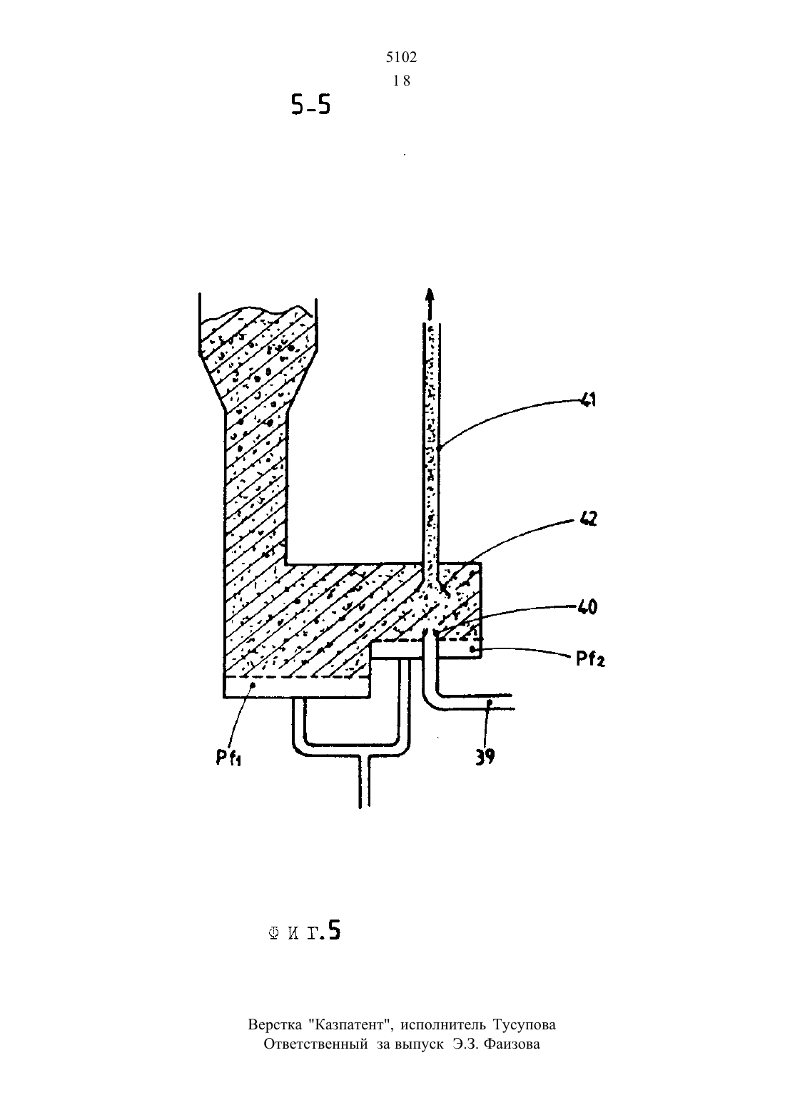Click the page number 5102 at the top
[401, 58]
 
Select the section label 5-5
[310, 105]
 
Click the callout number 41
[587, 399]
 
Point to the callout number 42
[588, 519]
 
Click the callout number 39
[485, 757]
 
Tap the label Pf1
[228, 757]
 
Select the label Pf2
[589, 659]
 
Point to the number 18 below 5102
[401, 81]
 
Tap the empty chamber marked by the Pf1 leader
[297, 687]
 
